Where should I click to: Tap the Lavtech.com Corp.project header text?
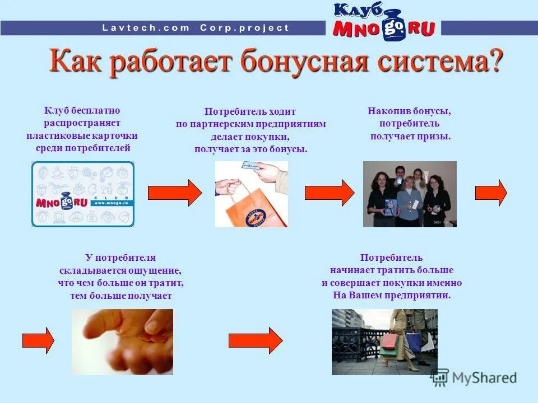[x=196, y=27]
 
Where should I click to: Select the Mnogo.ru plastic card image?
[x=83, y=194]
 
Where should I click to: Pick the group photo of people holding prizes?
[x=410, y=194]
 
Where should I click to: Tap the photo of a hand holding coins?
[x=122, y=341]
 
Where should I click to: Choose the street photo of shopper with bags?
[x=384, y=341]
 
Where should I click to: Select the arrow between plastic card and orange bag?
[x=175, y=193]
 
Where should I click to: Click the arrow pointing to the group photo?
[x=330, y=193]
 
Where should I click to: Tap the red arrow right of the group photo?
[x=491, y=193]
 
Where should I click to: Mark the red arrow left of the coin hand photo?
[x=38, y=340]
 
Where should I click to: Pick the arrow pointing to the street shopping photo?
[x=256, y=340]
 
